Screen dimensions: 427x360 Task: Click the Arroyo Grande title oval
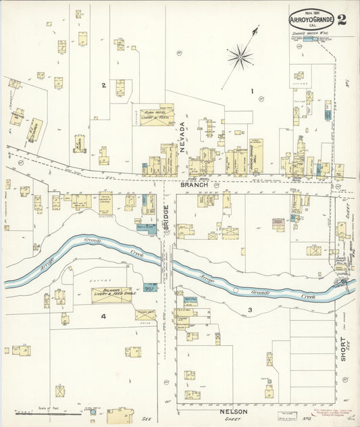tap(311, 20)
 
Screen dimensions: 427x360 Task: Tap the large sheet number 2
tap(342, 18)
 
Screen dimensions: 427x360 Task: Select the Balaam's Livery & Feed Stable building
tap(112, 295)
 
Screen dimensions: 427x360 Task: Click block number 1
tap(252, 91)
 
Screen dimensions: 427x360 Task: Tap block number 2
tap(103, 85)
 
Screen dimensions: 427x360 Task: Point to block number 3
tap(249, 310)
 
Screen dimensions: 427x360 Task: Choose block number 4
tap(103, 316)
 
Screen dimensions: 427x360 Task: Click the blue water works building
tap(310, 40)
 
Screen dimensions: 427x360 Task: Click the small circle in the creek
tap(235, 290)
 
